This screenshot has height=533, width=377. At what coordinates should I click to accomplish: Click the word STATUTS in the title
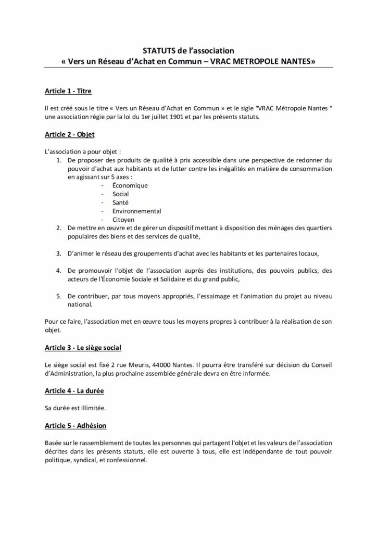156,51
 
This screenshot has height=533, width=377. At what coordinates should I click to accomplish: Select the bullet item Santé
120,202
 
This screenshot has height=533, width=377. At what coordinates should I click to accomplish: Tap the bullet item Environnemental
136,211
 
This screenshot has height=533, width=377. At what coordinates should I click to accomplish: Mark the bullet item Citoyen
123,220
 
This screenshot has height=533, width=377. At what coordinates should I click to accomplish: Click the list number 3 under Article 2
59,253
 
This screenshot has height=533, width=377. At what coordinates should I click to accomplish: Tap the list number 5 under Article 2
59,296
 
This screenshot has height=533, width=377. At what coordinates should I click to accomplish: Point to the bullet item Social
121,194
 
